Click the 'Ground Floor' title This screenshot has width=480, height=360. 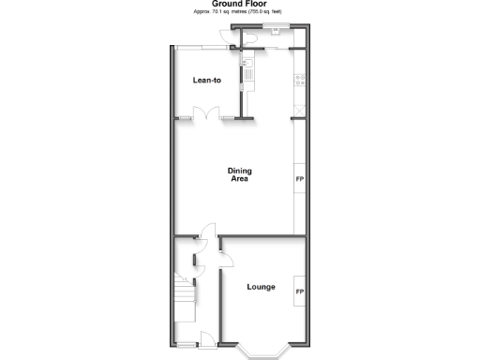(239, 4)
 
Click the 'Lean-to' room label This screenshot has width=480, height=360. (206, 80)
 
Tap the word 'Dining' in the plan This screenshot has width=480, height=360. (240, 171)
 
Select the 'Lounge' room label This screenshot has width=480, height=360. (261, 286)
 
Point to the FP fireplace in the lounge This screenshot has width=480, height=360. (300, 292)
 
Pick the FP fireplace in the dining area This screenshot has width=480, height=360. (300, 178)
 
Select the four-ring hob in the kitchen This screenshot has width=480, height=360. (299, 81)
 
